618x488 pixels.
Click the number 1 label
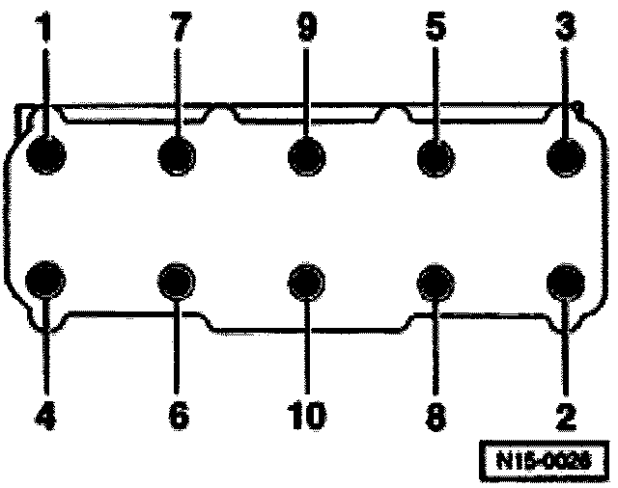tap(43, 29)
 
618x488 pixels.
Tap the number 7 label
tap(177, 29)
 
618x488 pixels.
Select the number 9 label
tap(306, 29)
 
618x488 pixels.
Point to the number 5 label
tap(435, 29)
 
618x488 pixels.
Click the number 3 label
tap(567, 29)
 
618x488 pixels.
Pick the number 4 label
tap(43, 416)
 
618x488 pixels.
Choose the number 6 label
tap(177, 416)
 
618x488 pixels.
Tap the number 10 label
tap(306, 416)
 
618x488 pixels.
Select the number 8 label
tap(435, 416)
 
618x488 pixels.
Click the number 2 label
tap(567, 416)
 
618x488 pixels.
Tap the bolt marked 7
tap(177, 155)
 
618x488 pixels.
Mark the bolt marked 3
tap(566, 155)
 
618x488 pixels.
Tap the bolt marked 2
tap(566, 281)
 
